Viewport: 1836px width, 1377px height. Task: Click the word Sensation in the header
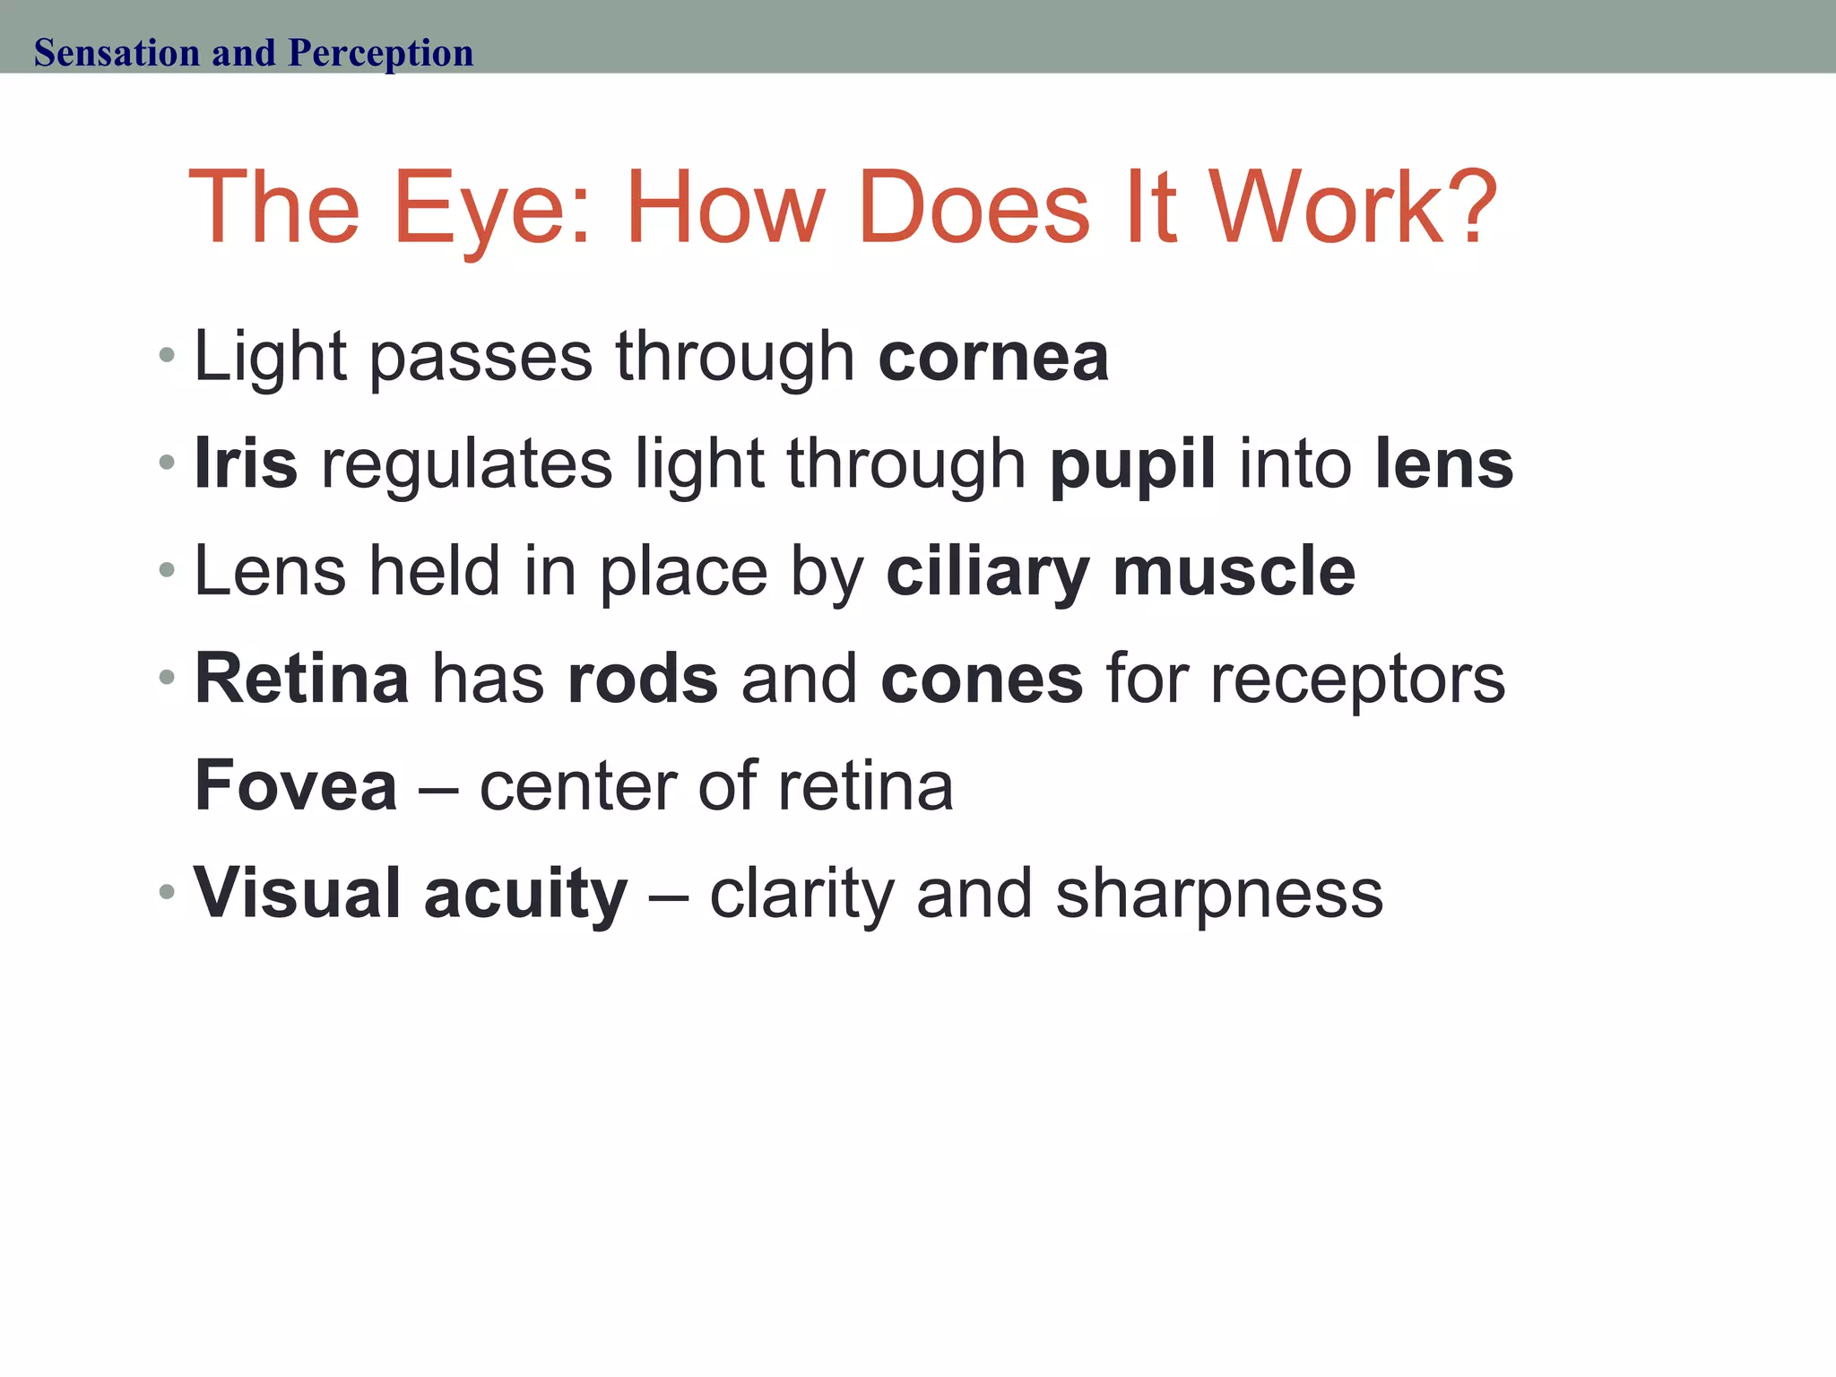point(117,53)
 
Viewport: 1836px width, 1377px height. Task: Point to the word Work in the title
point(1324,207)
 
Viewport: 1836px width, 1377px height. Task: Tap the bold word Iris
point(246,463)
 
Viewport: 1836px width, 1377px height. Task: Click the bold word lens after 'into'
point(1444,463)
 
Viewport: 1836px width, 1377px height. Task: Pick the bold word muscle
point(1234,570)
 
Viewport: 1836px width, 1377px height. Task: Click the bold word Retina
point(302,679)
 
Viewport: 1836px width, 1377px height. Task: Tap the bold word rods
point(643,679)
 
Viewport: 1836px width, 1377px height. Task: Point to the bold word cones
point(983,680)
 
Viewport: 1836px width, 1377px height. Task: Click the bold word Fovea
point(296,785)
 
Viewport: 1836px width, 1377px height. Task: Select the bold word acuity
point(526,894)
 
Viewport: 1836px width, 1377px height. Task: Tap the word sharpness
point(1219,894)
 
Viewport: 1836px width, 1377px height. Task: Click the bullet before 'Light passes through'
point(166,356)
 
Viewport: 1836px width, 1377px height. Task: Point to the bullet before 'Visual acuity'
point(166,892)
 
